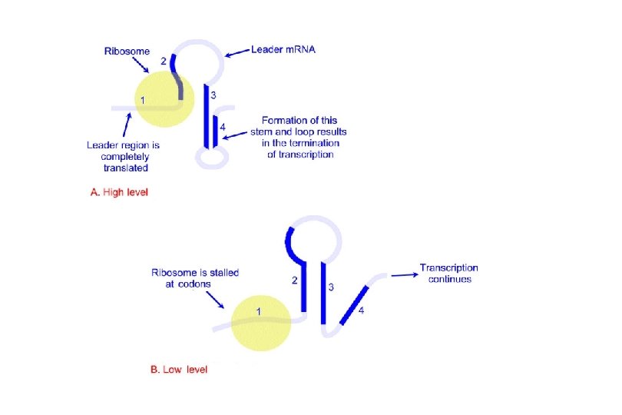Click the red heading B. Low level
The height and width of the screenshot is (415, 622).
click(178, 370)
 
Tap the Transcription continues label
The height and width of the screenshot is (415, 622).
click(448, 273)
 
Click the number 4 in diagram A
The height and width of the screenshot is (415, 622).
click(223, 125)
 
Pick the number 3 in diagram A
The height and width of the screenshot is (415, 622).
click(213, 95)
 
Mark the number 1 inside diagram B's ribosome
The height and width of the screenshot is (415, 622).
click(259, 311)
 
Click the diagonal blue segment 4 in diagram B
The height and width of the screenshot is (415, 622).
click(353, 303)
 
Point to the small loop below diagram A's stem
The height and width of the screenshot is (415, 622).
click(210, 158)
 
